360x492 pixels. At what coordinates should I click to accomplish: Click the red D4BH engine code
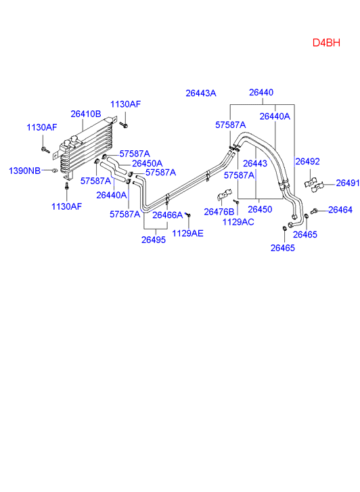[326, 43]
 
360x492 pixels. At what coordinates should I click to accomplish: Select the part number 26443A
[201, 93]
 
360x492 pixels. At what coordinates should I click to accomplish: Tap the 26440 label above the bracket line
[261, 92]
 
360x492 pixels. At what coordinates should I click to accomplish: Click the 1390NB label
[24, 171]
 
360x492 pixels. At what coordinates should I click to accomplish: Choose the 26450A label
[148, 164]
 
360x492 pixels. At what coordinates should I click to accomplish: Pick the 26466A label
[168, 215]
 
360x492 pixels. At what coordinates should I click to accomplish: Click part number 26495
[154, 240]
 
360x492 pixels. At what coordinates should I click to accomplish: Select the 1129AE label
[187, 233]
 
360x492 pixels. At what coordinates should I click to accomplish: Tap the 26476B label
[219, 212]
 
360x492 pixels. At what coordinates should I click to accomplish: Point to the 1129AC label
[238, 222]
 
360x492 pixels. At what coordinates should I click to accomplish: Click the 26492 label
[308, 161]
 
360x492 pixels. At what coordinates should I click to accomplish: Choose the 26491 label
[348, 183]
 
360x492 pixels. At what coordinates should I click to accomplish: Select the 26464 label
[340, 210]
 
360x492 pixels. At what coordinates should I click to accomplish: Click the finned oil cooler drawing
[85, 148]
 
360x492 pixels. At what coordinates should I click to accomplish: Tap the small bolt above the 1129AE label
[188, 215]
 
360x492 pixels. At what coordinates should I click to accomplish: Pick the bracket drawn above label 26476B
[225, 194]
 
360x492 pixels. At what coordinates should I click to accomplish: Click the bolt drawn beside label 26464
[314, 211]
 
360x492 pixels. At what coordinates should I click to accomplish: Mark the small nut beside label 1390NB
[55, 171]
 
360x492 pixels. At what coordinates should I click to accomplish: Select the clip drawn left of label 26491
[318, 187]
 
